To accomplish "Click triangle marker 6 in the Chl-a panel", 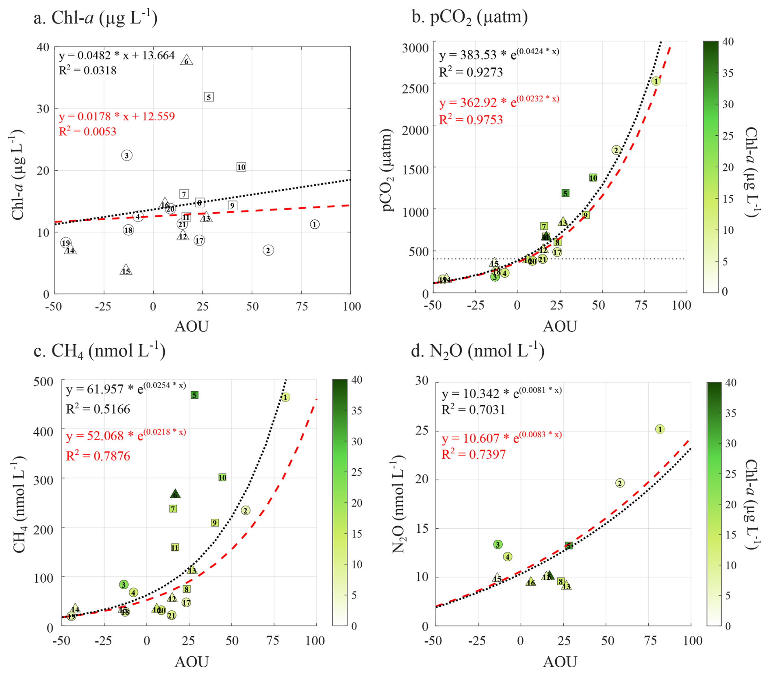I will click(x=187, y=61).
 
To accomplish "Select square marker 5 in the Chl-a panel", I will click(x=209, y=97).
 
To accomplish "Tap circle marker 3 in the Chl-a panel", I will click(x=126, y=155).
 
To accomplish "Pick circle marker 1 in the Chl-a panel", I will click(x=315, y=224).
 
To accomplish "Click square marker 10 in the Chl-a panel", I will click(x=241, y=167).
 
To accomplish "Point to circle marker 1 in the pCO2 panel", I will click(x=656, y=81).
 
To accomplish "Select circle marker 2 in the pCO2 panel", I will click(x=616, y=150).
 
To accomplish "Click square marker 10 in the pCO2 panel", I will click(x=593, y=178).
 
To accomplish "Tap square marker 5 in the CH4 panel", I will click(x=195, y=395).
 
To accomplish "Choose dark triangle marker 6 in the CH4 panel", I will click(x=175, y=494).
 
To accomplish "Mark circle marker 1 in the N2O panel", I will click(x=660, y=429).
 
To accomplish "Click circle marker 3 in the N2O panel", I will click(x=498, y=545).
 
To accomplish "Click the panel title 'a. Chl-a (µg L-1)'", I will click(x=96, y=18).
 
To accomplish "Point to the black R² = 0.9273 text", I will click(x=471, y=72).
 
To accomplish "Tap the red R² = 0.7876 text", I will click(x=98, y=456).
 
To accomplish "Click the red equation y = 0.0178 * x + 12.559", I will click(x=117, y=117).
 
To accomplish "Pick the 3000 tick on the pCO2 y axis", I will click(x=415, y=48).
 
